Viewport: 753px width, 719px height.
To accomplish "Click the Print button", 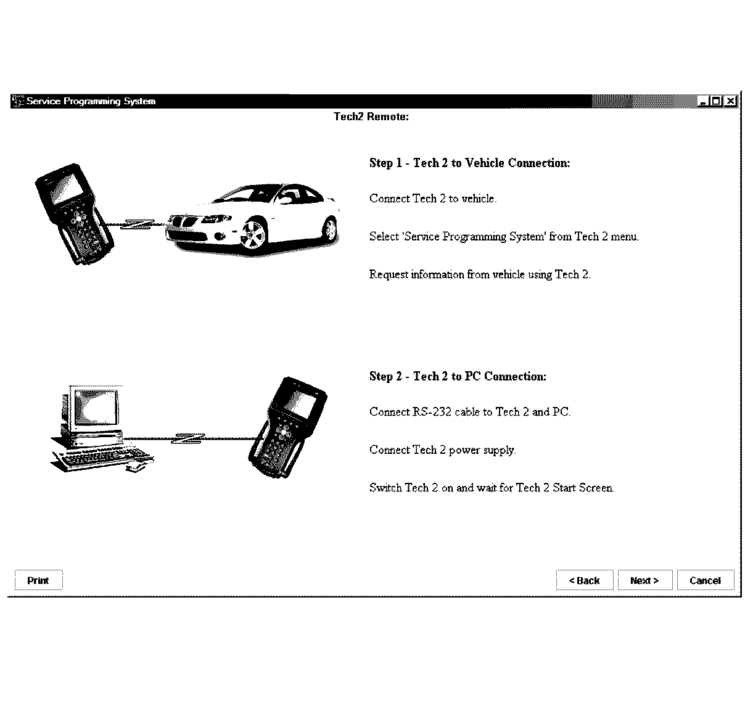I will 38,580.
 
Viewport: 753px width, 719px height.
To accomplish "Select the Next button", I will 644,580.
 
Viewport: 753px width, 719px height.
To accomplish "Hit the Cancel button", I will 705,580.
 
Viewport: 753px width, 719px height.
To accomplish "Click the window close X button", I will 730,101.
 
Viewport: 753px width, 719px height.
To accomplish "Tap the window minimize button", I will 704,101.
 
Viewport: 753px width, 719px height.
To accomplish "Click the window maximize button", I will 717,101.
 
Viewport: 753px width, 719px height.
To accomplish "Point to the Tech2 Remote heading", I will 371,117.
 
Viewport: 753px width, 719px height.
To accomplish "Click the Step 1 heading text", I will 469,163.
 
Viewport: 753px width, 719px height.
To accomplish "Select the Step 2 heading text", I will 458,376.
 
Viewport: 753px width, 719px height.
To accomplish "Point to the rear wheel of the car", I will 331,229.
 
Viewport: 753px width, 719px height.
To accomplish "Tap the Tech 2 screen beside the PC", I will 302,403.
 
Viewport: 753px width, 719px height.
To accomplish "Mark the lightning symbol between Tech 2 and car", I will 137,224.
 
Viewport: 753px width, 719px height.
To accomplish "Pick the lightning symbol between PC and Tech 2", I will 188,438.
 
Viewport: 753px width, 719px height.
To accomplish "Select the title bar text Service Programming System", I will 91,101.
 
